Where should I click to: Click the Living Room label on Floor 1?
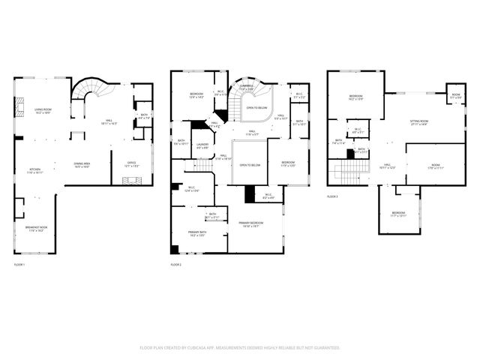[43, 112]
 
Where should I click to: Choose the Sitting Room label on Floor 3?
[418, 122]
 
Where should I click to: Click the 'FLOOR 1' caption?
[19, 265]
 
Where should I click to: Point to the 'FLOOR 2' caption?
[176, 265]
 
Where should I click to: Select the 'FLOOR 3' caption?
[332, 196]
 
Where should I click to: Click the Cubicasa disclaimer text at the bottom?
[240, 348]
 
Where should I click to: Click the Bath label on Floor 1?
[144, 116]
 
